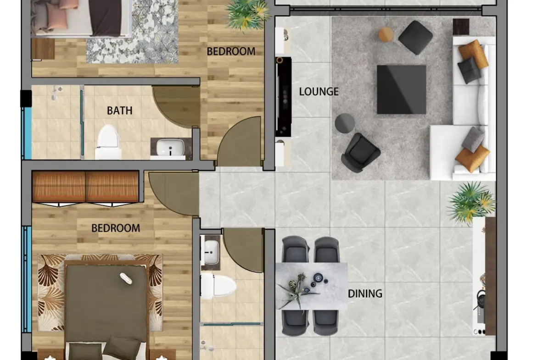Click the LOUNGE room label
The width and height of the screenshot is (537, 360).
(x=319, y=91)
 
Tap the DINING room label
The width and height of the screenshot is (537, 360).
(x=365, y=293)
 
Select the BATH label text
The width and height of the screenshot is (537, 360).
(x=119, y=111)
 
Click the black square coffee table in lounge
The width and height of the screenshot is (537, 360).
(x=402, y=89)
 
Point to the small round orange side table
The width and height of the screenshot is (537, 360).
(x=386, y=34)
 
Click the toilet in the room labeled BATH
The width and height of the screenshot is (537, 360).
(x=108, y=142)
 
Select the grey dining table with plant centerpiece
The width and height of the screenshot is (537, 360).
(x=311, y=286)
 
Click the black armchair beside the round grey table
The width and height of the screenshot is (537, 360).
(x=360, y=153)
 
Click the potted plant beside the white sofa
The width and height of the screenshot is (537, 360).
(x=471, y=203)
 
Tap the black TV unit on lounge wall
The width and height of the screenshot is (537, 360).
(x=284, y=97)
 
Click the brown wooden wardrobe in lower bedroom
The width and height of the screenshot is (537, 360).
(x=86, y=187)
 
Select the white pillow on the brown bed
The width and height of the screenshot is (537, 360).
(x=126, y=278)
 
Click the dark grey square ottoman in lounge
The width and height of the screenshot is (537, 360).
(x=415, y=37)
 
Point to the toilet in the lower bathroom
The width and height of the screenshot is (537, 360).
(x=218, y=286)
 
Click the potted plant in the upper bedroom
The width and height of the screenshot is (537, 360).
(x=247, y=14)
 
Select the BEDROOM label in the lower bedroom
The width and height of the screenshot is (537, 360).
(x=116, y=228)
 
